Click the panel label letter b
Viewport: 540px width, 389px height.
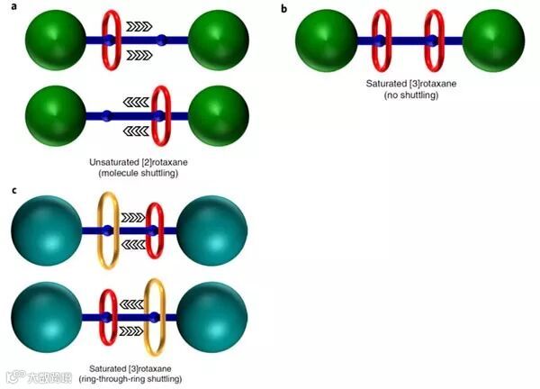click(284, 8)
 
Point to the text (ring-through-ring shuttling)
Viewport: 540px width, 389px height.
click(136, 379)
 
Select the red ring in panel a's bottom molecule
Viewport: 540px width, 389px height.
click(160, 114)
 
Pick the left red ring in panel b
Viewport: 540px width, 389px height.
click(382, 41)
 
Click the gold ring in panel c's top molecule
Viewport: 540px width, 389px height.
click(105, 231)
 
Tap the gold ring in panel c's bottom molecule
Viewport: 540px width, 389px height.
click(156, 319)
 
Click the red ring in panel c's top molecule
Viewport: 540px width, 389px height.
click(155, 231)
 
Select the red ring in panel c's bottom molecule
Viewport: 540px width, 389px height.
click(108, 319)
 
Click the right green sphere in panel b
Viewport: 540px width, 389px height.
click(494, 41)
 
